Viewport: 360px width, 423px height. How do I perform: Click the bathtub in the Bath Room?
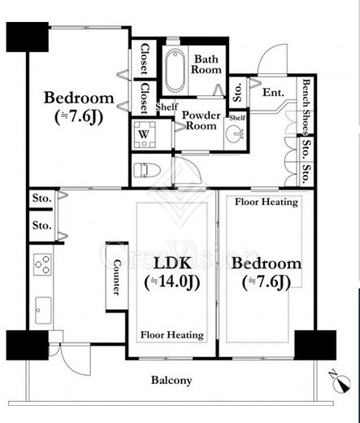176,70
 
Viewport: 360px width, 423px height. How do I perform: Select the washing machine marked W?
145,134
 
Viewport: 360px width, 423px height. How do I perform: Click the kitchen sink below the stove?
43,310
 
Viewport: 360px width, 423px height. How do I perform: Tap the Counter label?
117,277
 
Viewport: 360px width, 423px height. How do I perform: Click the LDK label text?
172,263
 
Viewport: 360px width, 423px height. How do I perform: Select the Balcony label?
171,380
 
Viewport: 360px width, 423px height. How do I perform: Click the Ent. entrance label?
273,93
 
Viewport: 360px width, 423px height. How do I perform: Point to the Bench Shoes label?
306,107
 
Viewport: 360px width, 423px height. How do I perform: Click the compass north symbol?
341,382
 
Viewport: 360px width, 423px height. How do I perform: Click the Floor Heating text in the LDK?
172,335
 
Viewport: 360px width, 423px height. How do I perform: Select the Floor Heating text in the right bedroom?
267,202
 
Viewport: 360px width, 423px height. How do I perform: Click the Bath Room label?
206,64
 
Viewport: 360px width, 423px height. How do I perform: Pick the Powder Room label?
201,120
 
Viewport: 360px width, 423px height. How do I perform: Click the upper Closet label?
145,59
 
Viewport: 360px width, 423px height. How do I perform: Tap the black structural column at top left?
28,37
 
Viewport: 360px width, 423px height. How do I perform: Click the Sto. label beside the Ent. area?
237,93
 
